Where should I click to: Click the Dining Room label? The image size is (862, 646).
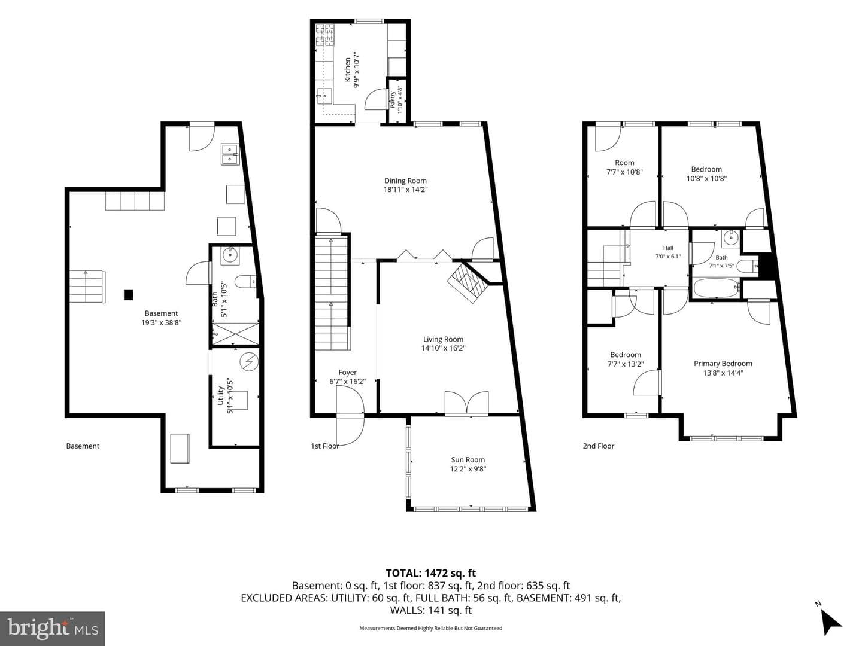click(405, 181)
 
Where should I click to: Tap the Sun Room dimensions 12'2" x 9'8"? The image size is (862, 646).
click(468, 469)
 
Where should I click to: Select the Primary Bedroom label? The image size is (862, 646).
click(723, 364)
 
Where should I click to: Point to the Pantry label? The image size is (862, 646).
click(393, 100)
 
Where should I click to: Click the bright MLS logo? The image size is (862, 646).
click(53, 629)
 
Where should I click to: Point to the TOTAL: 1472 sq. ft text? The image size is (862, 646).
click(431, 574)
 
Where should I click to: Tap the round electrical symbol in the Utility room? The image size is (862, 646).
click(249, 362)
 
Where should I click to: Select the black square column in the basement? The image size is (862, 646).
click(129, 294)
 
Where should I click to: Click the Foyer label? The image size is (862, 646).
click(348, 372)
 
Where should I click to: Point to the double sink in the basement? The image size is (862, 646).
click(230, 154)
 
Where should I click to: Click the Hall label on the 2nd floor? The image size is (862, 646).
click(668, 248)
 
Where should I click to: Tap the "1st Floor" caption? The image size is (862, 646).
click(325, 446)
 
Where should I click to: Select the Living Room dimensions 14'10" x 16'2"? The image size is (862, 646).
click(444, 348)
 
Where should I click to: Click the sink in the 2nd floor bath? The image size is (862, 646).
click(731, 237)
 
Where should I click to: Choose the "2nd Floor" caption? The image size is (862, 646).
click(599, 446)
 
